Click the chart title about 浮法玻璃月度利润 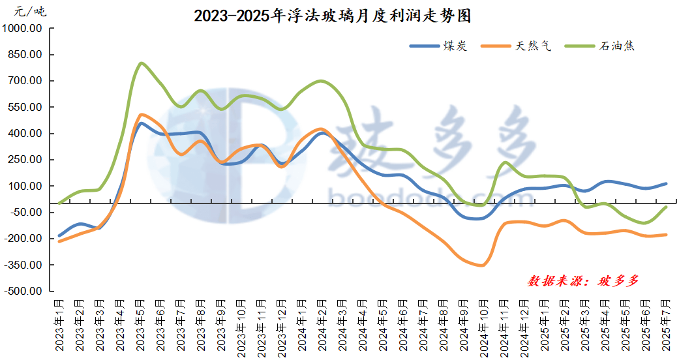(x=332, y=16)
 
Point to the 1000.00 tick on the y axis (x=23, y=29)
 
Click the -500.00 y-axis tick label (x=23, y=292)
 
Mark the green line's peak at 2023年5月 (x=141, y=63)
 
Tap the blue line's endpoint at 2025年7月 (x=666, y=184)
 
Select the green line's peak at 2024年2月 (x=321, y=81)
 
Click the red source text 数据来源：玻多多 (x=583, y=281)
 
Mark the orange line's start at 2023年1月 (x=59, y=241)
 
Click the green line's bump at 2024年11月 (x=505, y=162)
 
